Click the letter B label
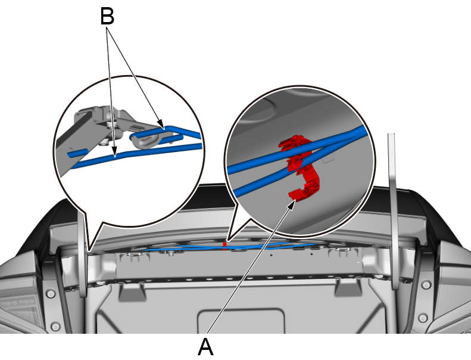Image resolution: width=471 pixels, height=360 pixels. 107,16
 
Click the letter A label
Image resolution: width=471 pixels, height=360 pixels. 206,347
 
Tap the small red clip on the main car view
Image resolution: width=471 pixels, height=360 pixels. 224,246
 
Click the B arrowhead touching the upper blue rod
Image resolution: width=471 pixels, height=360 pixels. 161,125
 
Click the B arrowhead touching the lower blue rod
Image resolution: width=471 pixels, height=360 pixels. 114,152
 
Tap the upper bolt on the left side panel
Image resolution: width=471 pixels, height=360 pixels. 51,294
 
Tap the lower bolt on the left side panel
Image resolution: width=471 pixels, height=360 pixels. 55,326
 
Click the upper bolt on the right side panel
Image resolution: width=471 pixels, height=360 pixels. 426,284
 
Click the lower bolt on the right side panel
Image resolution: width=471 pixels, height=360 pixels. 423,317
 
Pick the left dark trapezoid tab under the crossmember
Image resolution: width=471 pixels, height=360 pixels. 132,291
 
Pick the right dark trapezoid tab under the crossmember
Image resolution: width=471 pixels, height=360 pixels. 348,287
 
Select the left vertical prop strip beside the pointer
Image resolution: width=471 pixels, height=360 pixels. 83,256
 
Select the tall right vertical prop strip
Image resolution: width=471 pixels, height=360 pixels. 394,210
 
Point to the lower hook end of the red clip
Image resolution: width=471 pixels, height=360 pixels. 293,194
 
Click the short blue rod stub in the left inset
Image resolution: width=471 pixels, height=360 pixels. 77,154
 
